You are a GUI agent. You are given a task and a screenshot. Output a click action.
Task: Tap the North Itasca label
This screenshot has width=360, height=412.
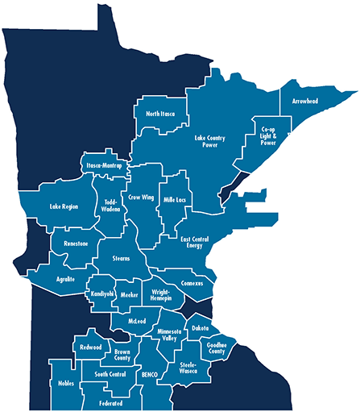[161, 114]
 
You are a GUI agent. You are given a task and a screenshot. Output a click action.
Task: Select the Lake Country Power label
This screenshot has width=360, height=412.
[210, 142]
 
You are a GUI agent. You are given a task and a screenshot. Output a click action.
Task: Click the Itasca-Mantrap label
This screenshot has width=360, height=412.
[104, 165]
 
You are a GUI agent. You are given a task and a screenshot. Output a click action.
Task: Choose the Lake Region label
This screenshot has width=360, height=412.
[64, 206]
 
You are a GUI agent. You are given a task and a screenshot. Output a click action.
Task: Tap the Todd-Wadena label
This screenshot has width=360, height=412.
[110, 204]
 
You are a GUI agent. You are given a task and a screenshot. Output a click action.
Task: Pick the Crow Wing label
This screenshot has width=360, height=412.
[141, 197]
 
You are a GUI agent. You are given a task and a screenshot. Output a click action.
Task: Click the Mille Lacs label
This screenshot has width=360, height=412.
[175, 198]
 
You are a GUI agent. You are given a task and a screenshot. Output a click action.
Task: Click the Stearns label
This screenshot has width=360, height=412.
[121, 258]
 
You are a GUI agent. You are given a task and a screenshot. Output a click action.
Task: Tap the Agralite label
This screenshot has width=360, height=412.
[66, 278]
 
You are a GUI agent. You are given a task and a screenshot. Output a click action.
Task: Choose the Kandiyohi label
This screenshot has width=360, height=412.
[102, 294]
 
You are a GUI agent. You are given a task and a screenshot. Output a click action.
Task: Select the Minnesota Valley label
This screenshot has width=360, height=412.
[174, 335]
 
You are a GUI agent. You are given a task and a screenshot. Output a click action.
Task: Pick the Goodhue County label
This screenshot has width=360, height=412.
[217, 347]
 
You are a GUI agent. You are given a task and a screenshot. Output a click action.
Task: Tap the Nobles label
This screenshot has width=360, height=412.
[67, 383]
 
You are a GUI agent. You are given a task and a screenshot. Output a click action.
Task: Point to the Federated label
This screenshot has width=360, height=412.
[111, 402]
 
